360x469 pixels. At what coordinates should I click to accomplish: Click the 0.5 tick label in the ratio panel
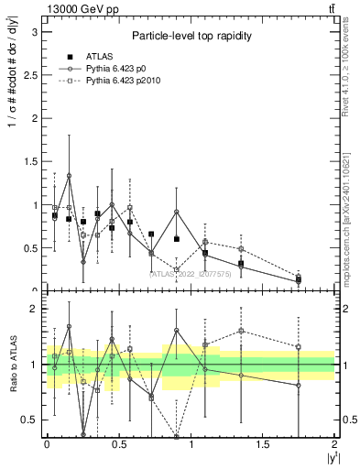tap(28, 420)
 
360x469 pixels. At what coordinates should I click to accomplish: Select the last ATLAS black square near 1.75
tap(299, 280)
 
